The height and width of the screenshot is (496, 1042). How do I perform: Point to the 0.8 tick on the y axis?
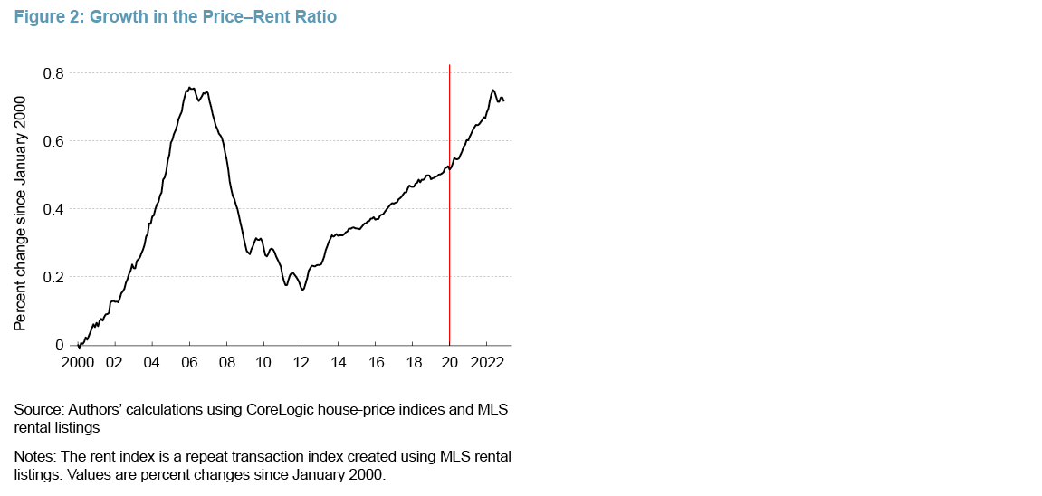pyautogui.click(x=53, y=73)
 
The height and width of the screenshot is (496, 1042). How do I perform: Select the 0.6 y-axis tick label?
pyautogui.click(x=53, y=141)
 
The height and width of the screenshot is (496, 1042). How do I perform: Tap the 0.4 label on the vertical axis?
pyautogui.click(x=53, y=209)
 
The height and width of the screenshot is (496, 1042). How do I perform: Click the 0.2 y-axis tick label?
pyautogui.click(x=53, y=277)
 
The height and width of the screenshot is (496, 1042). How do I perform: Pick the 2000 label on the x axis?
pyautogui.click(x=78, y=363)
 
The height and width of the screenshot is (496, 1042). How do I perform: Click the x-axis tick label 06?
pyautogui.click(x=189, y=363)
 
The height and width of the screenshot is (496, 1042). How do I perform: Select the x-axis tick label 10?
pyautogui.click(x=263, y=363)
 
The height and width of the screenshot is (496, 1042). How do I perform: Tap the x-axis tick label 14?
pyautogui.click(x=339, y=363)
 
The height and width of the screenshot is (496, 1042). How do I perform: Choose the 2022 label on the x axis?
pyautogui.click(x=487, y=363)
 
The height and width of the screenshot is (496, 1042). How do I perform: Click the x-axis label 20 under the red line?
pyautogui.click(x=450, y=363)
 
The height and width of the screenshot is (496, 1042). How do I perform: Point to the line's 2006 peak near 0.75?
pyautogui.click(x=189, y=88)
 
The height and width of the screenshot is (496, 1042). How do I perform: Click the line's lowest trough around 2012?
pyautogui.click(x=302, y=289)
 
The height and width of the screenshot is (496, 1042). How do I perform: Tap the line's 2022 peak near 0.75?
pyautogui.click(x=492, y=91)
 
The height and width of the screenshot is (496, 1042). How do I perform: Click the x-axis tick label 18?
pyautogui.click(x=413, y=363)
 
